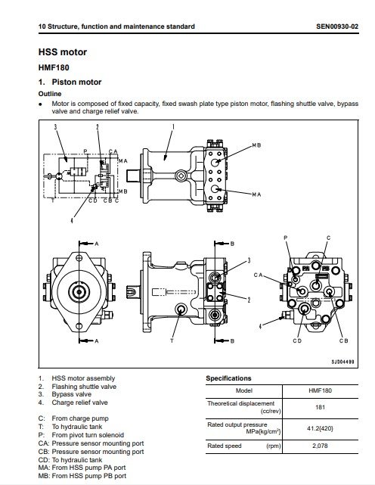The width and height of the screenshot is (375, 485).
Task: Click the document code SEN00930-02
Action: click(337, 26)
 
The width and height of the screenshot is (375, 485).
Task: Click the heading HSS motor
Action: click(63, 52)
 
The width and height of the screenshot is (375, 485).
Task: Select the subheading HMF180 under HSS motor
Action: click(54, 67)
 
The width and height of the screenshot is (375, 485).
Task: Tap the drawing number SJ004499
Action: click(342, 362)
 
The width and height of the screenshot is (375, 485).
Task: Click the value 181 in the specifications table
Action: click(320, 407)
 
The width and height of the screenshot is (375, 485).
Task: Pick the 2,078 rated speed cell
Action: click(320, 446)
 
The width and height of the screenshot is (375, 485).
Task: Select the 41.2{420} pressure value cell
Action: click(320, 428)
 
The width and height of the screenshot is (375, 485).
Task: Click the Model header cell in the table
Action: click(244, 390)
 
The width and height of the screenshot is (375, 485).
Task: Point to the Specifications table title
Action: click(228, 378)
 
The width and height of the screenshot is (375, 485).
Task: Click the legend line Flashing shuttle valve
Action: click(77, 387)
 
